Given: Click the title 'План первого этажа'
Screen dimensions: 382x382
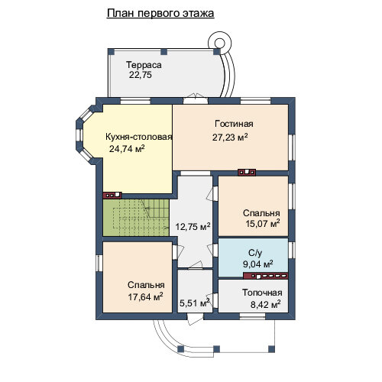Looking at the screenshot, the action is [x=160, y=13].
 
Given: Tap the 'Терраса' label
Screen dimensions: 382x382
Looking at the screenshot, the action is [x=144, y=65].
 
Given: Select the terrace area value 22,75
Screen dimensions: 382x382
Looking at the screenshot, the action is [x=141, y=75].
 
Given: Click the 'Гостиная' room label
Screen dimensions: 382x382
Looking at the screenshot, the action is [x=234, y=124].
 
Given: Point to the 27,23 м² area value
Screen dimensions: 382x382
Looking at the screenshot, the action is [x=230, y=138].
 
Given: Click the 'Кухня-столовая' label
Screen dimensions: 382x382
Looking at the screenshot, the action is [x=139, y=137].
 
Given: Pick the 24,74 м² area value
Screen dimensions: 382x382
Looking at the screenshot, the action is [x=127, y=148].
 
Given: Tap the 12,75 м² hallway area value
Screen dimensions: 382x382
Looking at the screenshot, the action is [x=193, y=226].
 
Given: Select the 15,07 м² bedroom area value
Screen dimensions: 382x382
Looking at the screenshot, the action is [x=263, y=223].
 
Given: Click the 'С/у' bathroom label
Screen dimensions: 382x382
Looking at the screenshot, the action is [x=255, y=253].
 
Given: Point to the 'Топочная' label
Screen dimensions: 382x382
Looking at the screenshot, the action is [x=262, y=293].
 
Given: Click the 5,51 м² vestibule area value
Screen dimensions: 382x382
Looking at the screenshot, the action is [x=195, y=303].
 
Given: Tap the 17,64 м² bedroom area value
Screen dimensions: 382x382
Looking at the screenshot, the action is [x=145, y=296].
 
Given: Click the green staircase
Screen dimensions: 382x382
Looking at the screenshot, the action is [x=136, y=218].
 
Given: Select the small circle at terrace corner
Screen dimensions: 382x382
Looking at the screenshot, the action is [x=219, y=43].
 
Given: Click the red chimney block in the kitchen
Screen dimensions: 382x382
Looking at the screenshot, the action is [x=112, y=196].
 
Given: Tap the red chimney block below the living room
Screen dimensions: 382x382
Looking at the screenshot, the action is [x=247, y=173].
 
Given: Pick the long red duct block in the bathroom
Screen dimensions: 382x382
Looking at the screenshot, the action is [x=266, y=276].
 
